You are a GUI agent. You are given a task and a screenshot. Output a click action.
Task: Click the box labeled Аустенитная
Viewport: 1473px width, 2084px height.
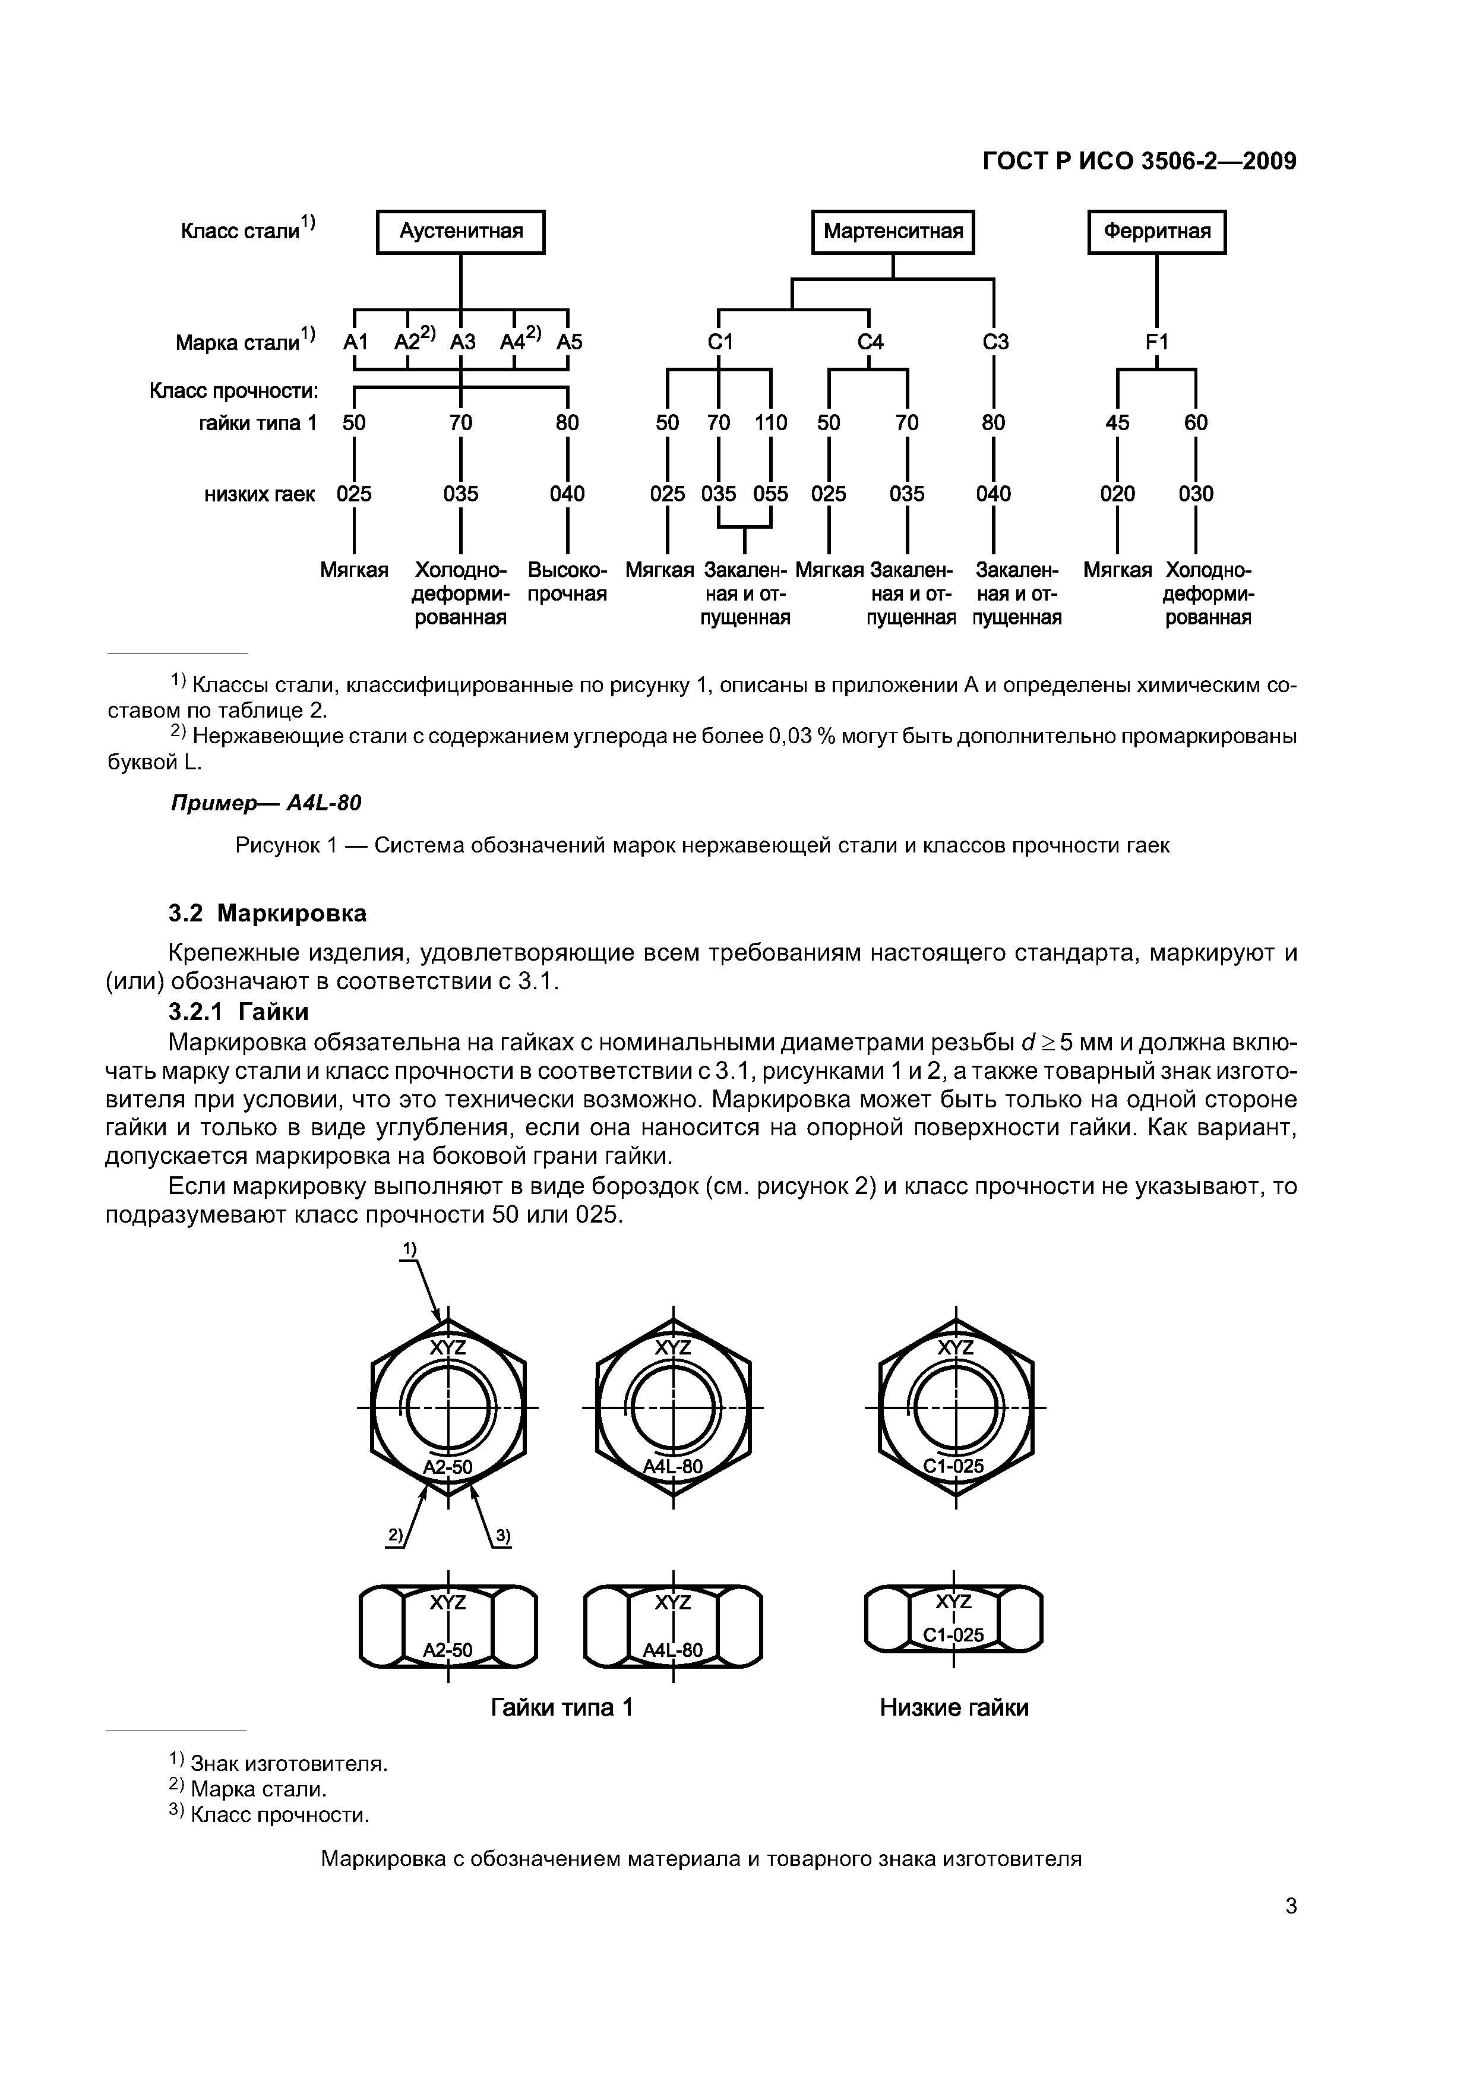tap(461, 232)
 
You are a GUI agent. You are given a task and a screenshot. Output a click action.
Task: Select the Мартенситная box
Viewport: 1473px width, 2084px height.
tap(893, 232)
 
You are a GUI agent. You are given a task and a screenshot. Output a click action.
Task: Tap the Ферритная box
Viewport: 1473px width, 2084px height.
tap(1156, 232)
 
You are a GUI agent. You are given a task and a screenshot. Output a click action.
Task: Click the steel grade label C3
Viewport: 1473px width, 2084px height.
tap(995, 342)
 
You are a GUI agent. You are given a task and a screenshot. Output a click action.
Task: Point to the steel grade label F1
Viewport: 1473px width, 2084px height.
tap(1156, 342)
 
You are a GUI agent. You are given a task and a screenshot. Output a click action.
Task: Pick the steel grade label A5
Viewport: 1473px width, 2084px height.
tap(569, 342)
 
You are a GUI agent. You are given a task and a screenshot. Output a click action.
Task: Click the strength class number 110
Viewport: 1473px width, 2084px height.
tap(770, 423)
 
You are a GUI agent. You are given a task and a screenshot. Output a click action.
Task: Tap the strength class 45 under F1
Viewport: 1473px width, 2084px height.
tap(1117, 423)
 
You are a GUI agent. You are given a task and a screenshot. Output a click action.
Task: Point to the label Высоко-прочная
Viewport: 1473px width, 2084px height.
tap(567, 583)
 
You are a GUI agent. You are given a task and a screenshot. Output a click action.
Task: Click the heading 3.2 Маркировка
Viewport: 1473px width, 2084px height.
tap(268, 913)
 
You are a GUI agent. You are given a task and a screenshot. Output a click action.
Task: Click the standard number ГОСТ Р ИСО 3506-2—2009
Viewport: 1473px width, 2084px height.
tap(1140, 162)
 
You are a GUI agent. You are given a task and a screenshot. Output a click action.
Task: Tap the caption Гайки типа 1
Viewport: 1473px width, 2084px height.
tap(561, 1708)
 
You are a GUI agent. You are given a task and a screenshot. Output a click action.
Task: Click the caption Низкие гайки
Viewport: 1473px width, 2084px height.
tap(954, 1708)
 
